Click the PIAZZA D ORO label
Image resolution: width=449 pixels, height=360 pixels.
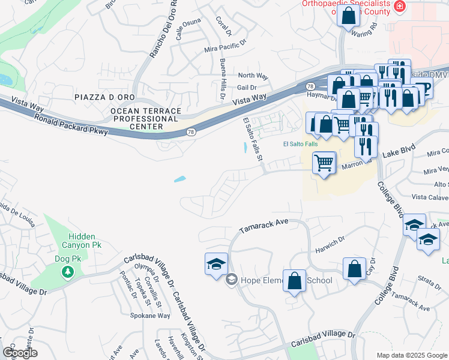[x=104, y=97]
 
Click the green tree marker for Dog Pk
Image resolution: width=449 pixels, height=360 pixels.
[x=68, y=272]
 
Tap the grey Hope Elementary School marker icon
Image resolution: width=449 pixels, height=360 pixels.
[x=231, y=280]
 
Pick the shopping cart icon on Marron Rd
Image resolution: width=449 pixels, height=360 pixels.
[x=324, y=162]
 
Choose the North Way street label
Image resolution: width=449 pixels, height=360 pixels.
[x=253, y=76]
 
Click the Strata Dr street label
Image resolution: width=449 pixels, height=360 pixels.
[x=429, y=278]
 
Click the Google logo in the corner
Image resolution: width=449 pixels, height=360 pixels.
[x=20, y=352]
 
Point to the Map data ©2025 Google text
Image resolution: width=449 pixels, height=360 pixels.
[x=411, y=355]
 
